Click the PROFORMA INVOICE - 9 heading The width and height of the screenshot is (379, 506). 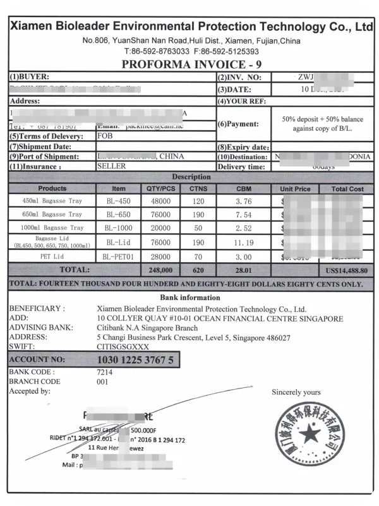pos(189,64)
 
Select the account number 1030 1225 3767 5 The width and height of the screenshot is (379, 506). pos(135,359)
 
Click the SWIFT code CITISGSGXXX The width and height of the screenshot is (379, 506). pos(123,346)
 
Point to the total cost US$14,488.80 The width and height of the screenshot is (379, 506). pos(344,270)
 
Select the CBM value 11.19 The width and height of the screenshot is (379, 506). pos(244,242)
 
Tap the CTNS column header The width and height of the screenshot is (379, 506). pos(198,188)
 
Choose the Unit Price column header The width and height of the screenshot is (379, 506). pos(294,188)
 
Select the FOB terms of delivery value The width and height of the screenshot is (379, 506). pos(105,136)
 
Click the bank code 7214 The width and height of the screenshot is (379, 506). pos(105,372)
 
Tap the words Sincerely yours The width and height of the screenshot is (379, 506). pos(296,392)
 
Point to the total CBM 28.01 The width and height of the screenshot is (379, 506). pos(244,270)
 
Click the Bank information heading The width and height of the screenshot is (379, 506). pos(189,298)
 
